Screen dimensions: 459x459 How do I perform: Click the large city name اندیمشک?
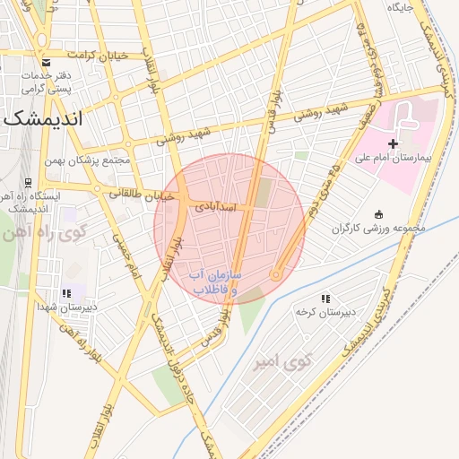point(43,117)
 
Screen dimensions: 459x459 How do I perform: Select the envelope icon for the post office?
point(46,63)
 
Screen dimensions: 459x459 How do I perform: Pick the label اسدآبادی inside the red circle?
point(216,207)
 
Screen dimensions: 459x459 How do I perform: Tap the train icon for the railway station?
point(28,182)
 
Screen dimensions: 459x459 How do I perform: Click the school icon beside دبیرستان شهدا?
point(65,293)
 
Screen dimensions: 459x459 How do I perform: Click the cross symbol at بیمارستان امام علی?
point(393,143)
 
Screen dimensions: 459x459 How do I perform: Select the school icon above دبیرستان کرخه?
point(325,299)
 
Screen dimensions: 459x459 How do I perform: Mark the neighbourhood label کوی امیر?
point(297,362)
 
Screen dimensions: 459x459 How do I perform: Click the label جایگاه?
point(399,8)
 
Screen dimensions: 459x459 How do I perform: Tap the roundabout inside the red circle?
point(277,274)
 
